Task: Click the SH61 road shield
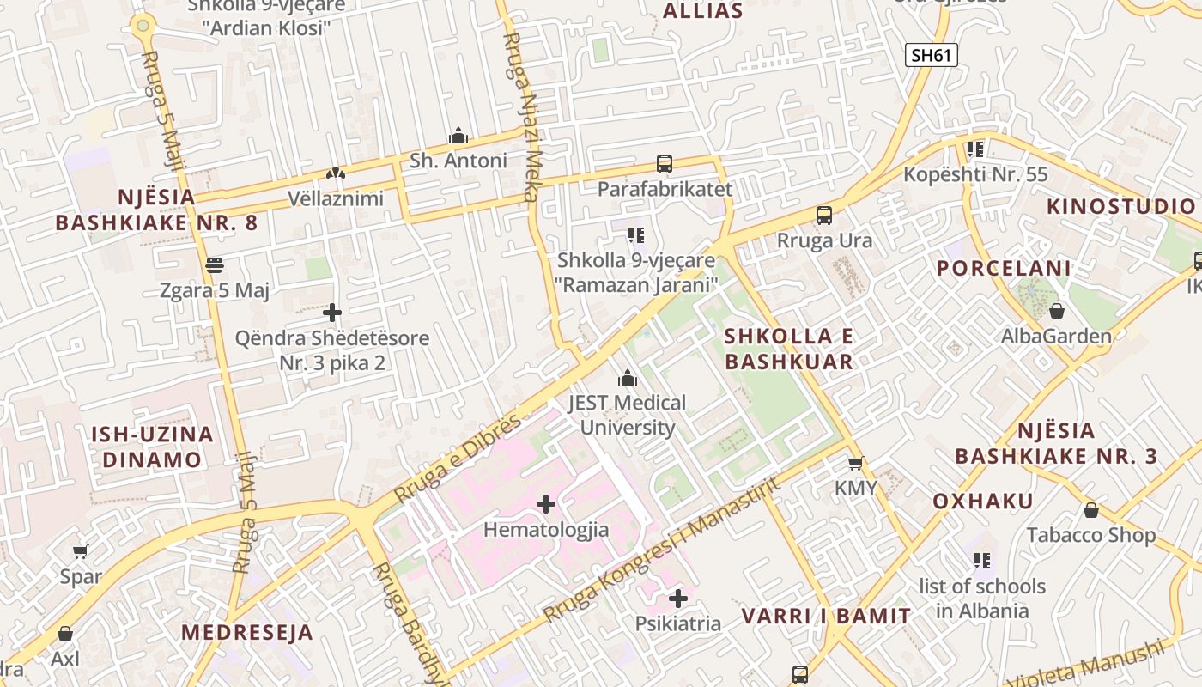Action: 932,55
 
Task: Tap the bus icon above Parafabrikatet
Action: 664,163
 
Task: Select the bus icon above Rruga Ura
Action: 824,215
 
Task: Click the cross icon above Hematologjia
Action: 546,504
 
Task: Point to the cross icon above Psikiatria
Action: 678,598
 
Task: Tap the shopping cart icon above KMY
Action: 855,463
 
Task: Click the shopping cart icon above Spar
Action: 80,551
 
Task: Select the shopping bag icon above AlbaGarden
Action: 1057,311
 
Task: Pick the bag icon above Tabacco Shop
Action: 1091,510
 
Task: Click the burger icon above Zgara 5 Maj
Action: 215,264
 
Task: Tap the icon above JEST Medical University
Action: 628,378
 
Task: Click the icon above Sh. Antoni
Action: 458,136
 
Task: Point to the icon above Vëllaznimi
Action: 335,173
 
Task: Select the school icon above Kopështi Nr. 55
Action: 975,149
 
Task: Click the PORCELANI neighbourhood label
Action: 1004,268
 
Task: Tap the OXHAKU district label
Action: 983,502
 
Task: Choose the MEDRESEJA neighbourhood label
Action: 247,633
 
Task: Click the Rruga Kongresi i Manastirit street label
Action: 662,550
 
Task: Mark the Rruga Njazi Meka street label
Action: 524,117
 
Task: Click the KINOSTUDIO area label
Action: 1120,206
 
